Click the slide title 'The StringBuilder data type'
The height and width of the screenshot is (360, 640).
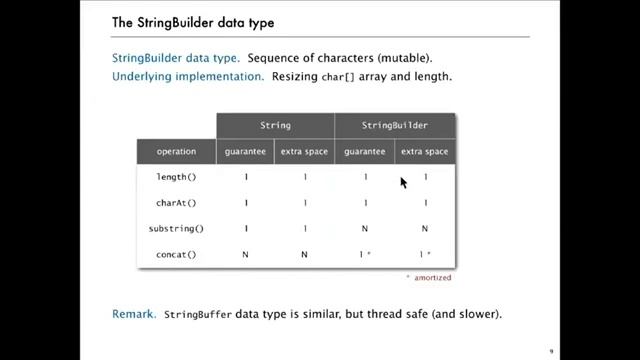pos(193,21)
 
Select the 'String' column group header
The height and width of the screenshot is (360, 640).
pos(275,126)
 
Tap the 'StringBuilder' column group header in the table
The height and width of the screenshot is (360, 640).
pos(394,126)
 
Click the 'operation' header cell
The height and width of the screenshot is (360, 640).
pos(176,152)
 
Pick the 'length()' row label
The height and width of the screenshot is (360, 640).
pos(176,177)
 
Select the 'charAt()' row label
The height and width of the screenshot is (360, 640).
pos(176,203)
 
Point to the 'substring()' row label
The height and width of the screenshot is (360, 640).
pos(176,229)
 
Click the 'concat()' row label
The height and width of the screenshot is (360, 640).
pos(176,255)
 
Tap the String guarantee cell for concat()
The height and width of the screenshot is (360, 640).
pos(246,255)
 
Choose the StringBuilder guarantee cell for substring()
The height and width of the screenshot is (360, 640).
pos(365,229)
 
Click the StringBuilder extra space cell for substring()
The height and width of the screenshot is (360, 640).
pos(425,229)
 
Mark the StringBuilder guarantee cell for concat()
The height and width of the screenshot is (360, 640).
pos(366,255)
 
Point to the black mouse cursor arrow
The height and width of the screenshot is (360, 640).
pos(403,182)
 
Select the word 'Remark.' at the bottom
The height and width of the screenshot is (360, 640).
pos(135,314)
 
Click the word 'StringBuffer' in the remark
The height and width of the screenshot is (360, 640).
pos(198,314)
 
